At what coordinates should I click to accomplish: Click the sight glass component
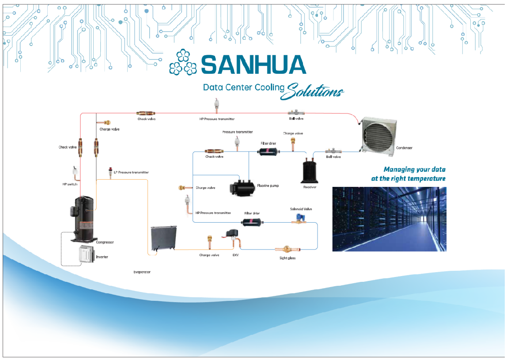[285, 250]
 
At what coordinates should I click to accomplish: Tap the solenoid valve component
[300, 218]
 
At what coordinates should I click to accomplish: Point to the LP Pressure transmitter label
[131, 172]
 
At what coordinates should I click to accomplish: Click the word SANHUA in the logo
[253, 64]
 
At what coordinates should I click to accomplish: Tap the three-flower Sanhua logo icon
[183, 63]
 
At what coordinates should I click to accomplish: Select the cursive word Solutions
[314, 91]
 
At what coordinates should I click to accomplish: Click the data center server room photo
[389, 219]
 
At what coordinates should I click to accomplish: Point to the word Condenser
[404, 148]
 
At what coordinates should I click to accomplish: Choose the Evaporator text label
[142, 272]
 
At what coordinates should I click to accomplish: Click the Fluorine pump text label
[268, 186]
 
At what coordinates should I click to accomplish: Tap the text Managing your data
[414, 170]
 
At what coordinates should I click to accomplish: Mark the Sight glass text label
[288, 258]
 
